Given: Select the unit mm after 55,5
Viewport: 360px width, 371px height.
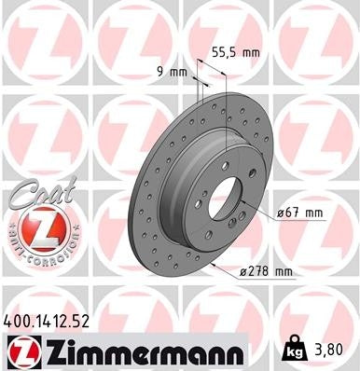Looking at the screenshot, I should pos(249,54).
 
